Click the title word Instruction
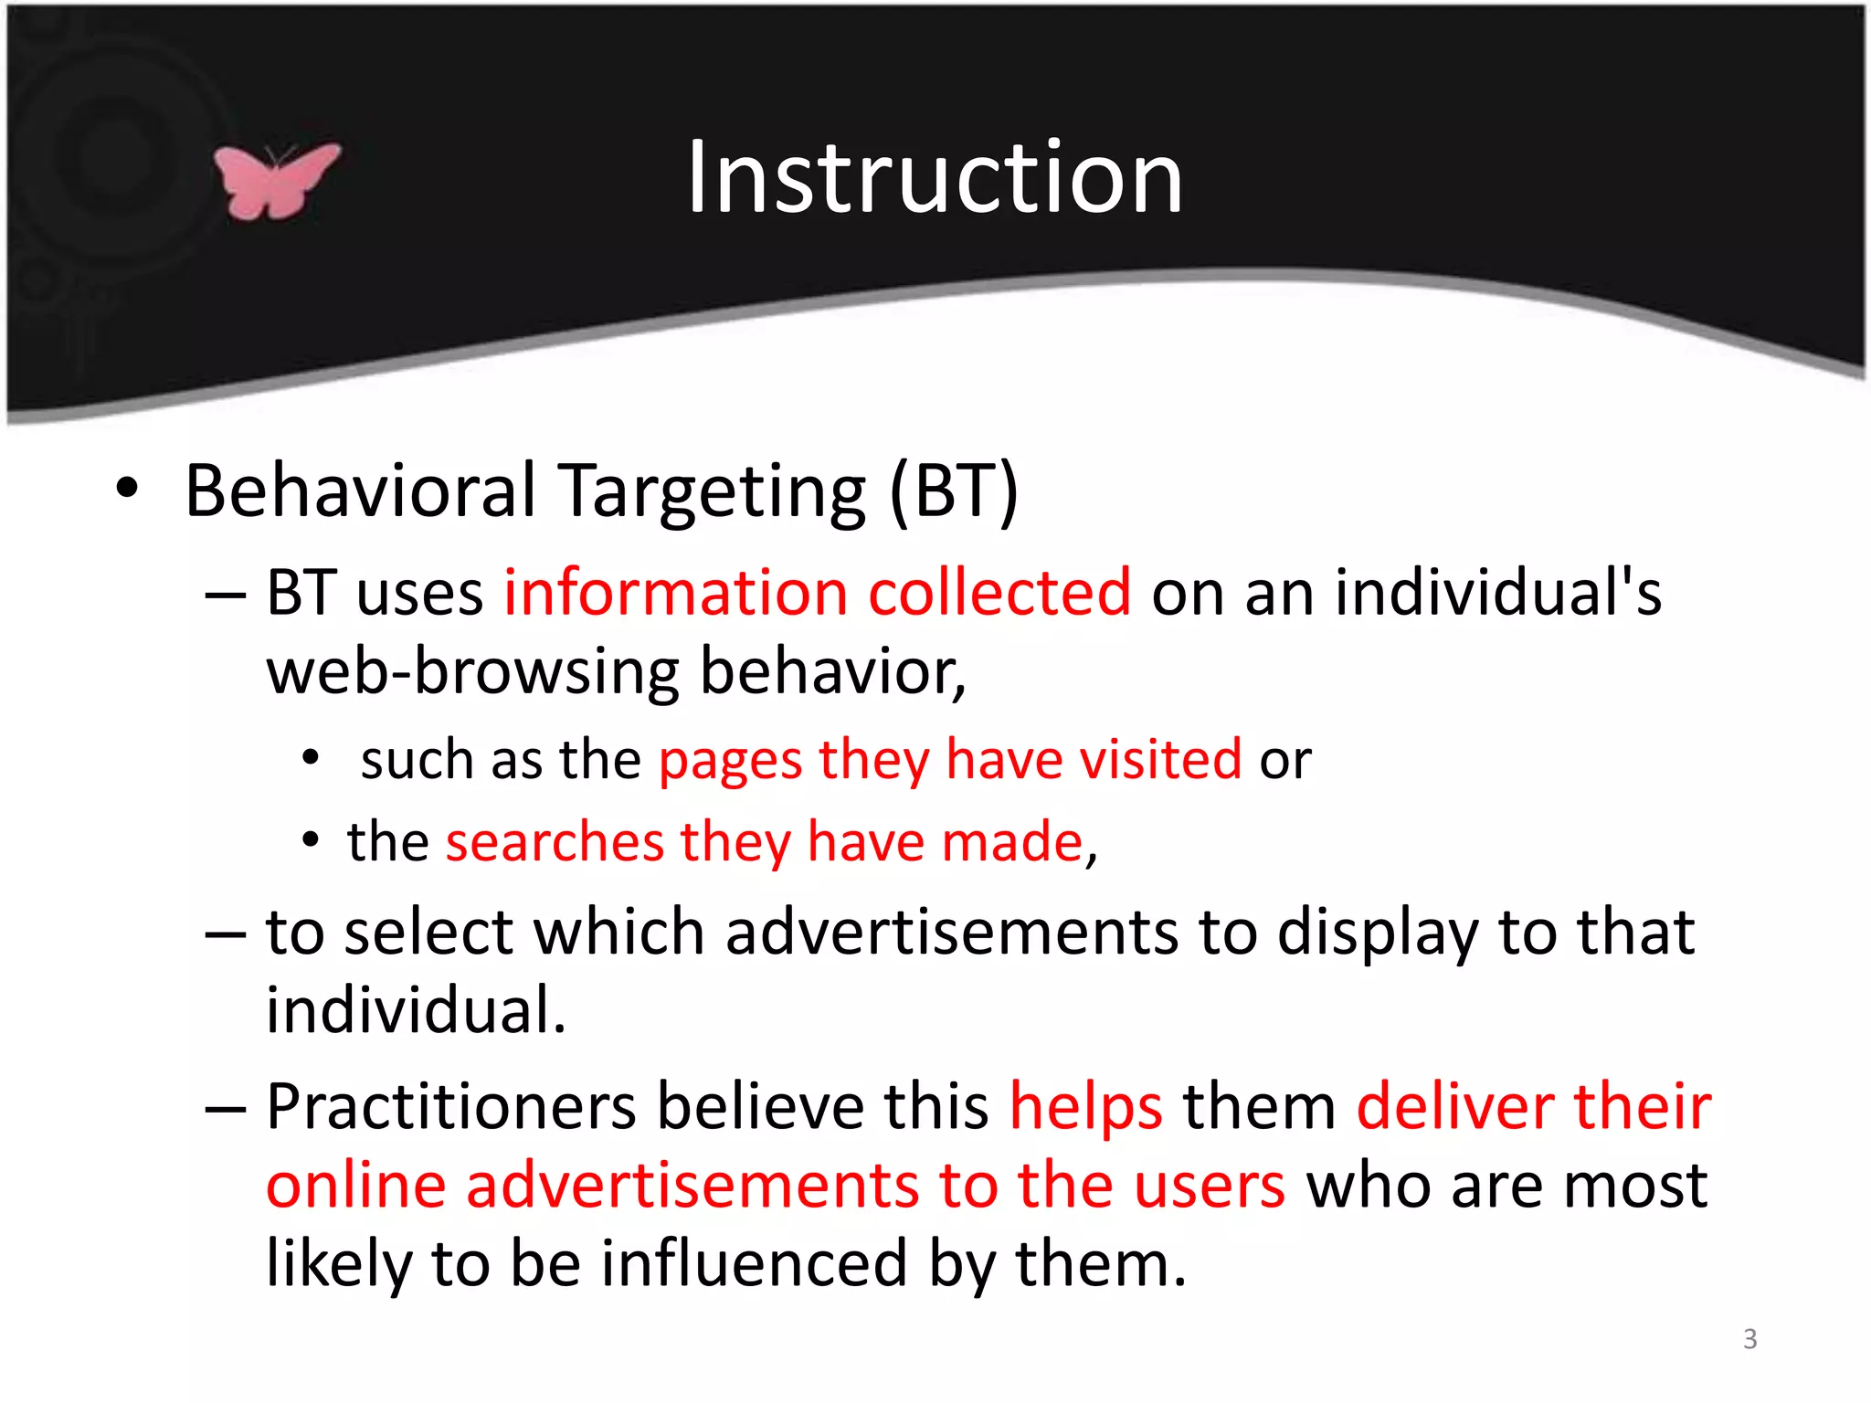[x=935, y=177]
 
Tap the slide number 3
[x=1749, y=1339]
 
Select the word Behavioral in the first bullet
[x=360, y=491]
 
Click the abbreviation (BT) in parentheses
[x=954, y=491]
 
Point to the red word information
[x=676, y=593]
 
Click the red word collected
[x=999, y=593]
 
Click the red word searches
[x=555, y=841]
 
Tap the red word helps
[x=1085, y=1107]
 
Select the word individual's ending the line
[x=1498, y=593]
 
